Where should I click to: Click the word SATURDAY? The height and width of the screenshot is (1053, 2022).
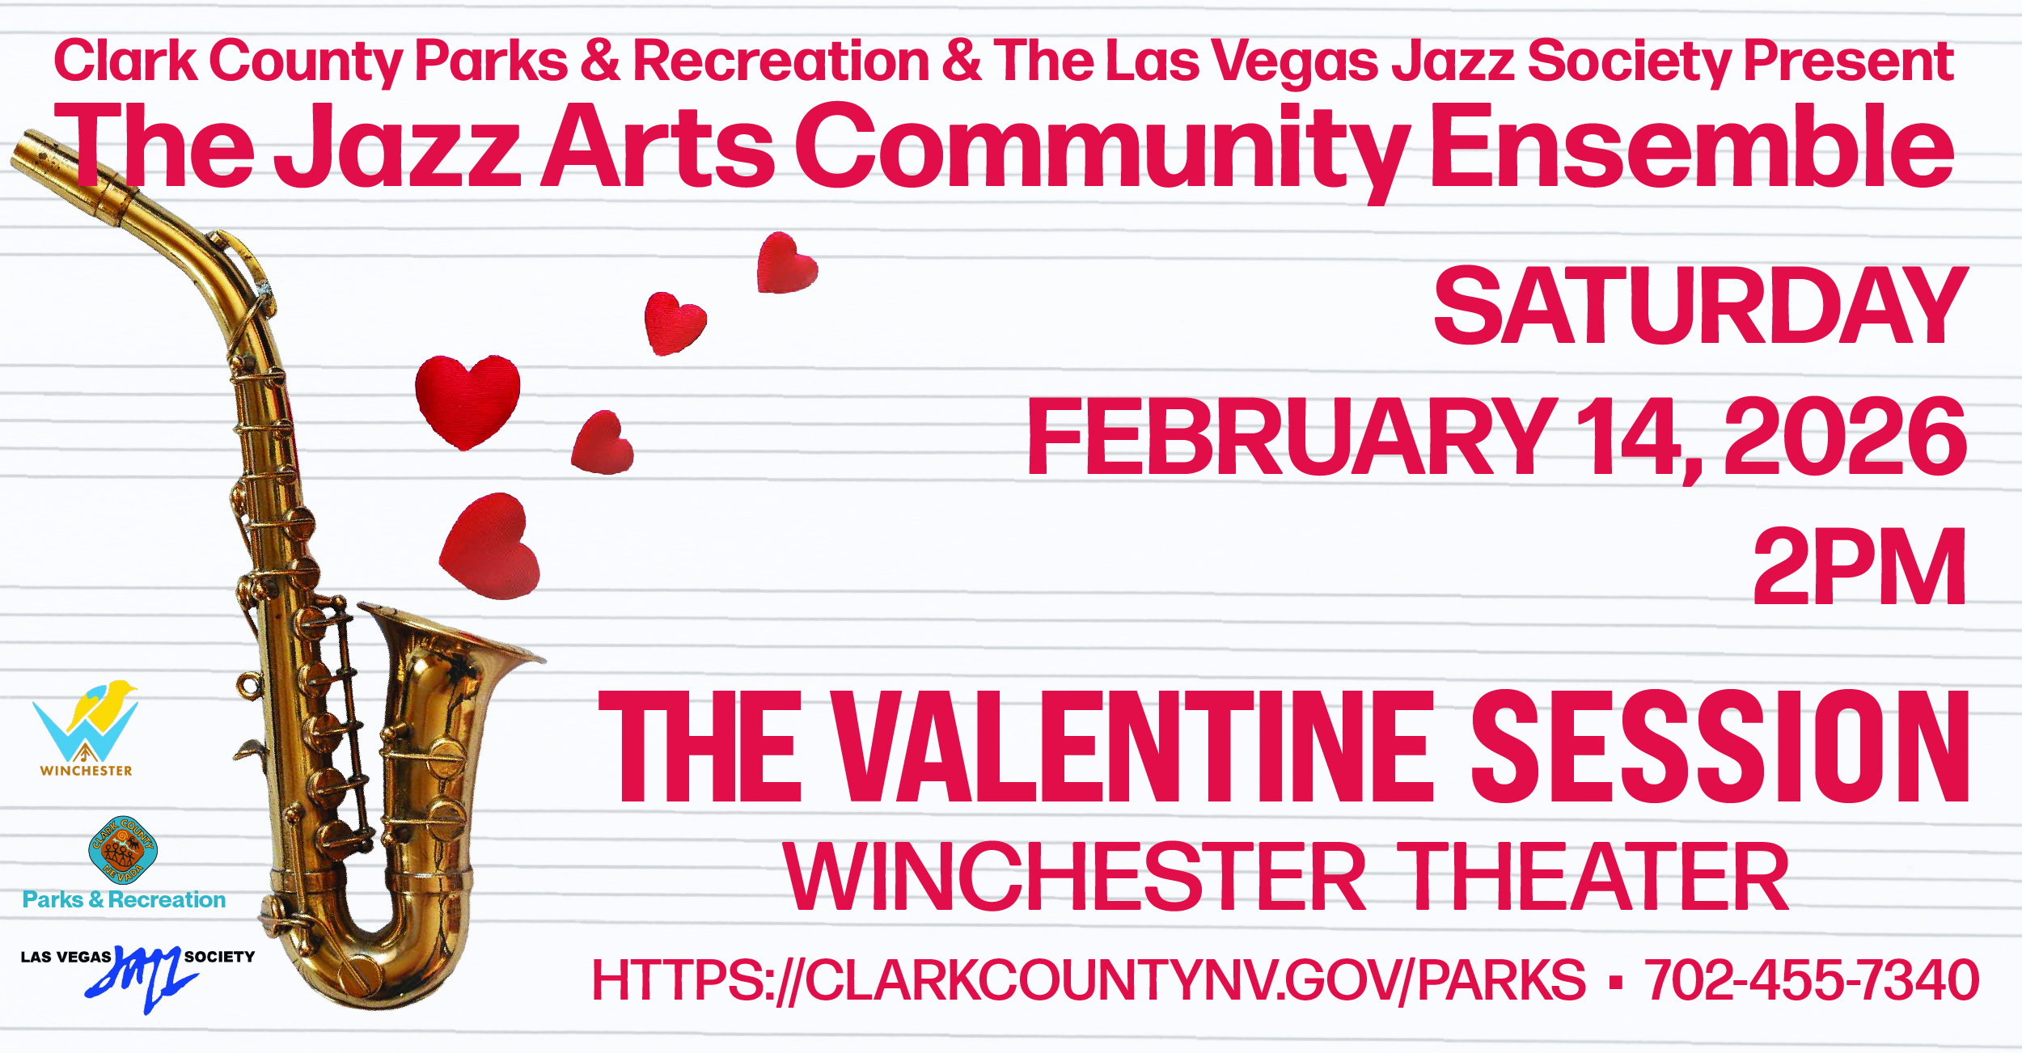point(1700,306)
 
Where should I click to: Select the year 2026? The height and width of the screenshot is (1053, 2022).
point(1846,437)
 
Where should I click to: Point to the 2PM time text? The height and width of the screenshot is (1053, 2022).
point(1859,566)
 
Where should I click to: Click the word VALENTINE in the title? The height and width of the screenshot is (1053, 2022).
point(1133,746)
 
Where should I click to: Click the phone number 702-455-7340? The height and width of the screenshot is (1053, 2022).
point(1812,979)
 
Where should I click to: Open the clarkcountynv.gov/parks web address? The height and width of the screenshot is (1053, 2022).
point(1089,980)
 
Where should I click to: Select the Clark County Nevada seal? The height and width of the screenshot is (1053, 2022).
point(123,850)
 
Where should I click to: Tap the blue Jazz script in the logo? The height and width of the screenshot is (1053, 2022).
point(144,976)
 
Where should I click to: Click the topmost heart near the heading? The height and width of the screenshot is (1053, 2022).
point(786,263)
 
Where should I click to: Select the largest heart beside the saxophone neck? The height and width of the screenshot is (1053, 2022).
point(467,400)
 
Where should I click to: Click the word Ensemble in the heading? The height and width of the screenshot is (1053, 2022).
point(1693,146)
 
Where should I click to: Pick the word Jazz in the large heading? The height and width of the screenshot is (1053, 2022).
point(398,147)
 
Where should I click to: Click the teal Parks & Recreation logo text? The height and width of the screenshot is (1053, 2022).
point(124,900)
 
